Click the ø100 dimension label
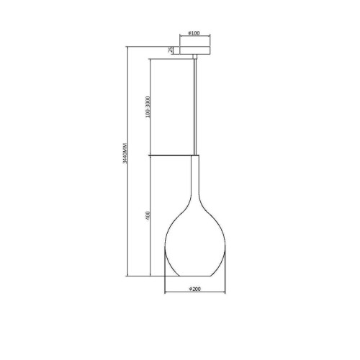coord(194,33)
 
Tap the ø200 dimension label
coord(195,289)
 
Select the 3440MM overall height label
coord(125,153)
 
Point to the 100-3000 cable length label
coord(148,107)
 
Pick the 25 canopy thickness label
coord(170,50)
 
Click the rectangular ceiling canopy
coord(195,50)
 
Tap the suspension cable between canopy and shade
coord(195,107)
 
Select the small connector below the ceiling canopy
coord(195,56)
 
